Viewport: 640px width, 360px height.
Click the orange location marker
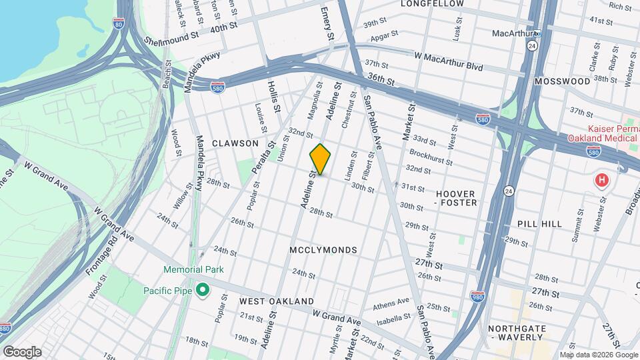[320, 159]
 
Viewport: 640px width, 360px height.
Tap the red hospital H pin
[603, 181]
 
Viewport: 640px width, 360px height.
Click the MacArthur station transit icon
[537, 33]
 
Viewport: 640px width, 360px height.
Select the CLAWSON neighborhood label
[235, 143]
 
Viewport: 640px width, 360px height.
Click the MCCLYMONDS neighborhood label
[323, 250]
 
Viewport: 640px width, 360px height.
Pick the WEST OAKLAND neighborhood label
[267, 301]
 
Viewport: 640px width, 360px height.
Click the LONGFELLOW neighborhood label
[432, 4]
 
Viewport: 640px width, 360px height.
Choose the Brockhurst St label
[431, 157]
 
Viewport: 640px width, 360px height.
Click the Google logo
[22, 351]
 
